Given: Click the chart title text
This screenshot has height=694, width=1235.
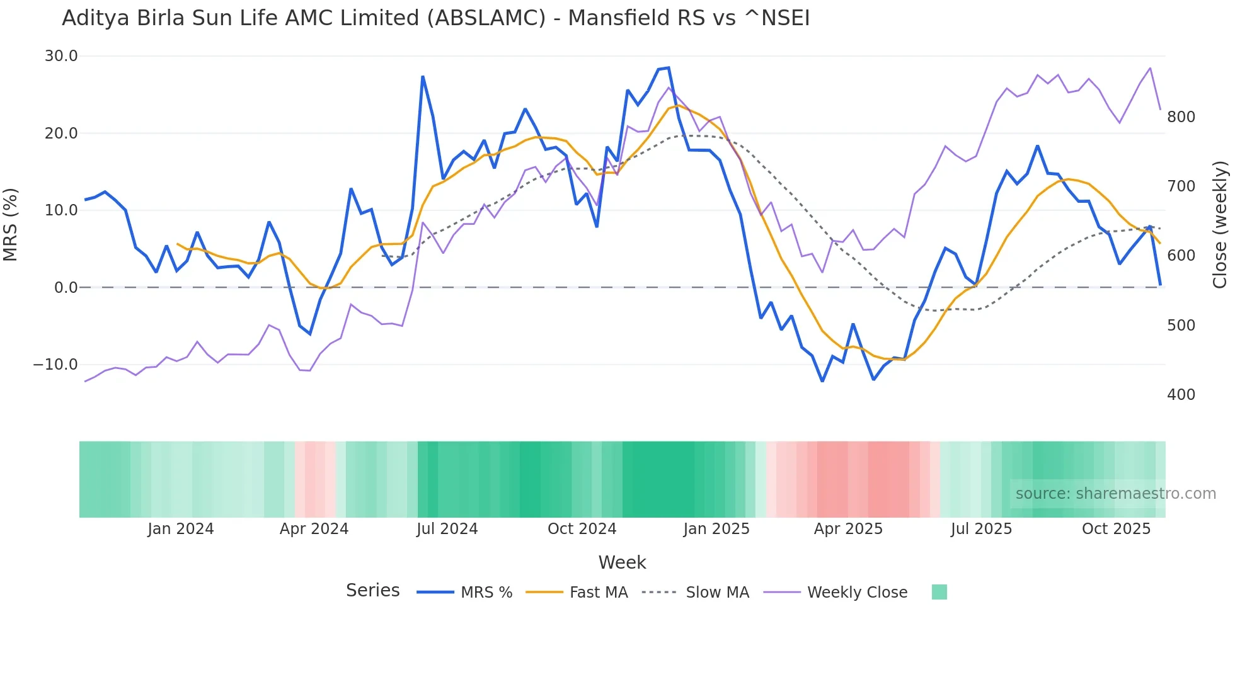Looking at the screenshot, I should pos(435,18).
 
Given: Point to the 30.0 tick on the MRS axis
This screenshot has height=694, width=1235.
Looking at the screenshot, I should pos(61,56).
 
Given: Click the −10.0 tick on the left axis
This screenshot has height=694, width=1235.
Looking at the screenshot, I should pos(55,365).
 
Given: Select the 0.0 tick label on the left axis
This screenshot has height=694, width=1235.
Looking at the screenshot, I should pos(66,288).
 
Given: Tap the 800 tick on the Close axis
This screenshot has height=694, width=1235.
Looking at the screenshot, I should pos(1181,117).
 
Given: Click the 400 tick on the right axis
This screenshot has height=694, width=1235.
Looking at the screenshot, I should pos(1181,395).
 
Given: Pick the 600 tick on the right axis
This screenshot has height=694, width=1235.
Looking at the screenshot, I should pos(1181,256).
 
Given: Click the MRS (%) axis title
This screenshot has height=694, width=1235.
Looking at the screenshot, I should pos(11,224).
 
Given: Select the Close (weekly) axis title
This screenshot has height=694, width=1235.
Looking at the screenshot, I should pos(1220,224).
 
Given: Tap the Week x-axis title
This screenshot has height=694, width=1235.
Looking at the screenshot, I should pos(622,562).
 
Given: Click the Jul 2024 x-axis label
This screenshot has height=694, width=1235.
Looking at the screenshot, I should pos(447,529).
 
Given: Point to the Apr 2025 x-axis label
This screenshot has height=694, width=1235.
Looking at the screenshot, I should pos(848,529).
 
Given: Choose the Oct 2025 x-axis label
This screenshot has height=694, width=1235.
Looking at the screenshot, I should pos(1116,529).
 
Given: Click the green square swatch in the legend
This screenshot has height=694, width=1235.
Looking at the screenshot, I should pos(939,592).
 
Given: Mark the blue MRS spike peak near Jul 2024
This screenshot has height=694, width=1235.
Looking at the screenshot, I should pos(423,77).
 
